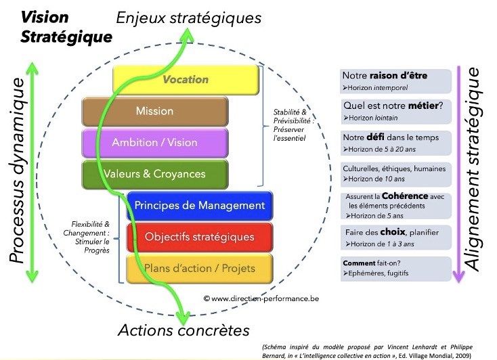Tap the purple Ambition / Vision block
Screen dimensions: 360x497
coord(154,143)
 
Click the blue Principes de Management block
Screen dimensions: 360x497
coord(199,206)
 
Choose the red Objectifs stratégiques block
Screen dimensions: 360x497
coord(199,237)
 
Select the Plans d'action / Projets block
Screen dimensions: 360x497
coord(199,268)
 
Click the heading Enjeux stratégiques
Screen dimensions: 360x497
coord(188,18)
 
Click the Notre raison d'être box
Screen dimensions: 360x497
coord(395,81)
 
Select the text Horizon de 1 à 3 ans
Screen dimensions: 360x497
coord(382,243)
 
